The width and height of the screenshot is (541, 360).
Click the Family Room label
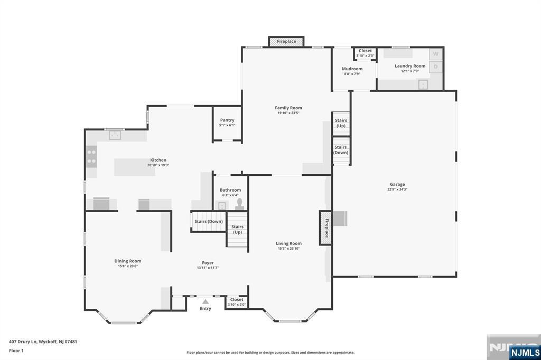coord(288,108)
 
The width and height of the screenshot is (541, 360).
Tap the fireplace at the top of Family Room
coord(286,41)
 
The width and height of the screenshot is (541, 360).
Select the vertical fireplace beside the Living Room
coord(325,228)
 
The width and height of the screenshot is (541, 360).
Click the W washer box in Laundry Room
coord(436,54)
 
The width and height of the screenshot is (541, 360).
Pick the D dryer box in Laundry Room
coord(436,67)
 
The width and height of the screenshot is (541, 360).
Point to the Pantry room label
coord(227,120)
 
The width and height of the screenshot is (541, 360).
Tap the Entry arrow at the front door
coord(205,301)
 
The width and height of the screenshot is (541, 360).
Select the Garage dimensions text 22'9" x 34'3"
coord(397,190)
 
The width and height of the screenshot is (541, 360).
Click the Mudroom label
coord(352,69)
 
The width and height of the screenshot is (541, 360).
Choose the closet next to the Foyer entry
coord(236,302)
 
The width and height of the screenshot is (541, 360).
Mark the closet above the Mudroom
coord(365,53)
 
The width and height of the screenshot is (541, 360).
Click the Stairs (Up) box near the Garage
coord(341,124)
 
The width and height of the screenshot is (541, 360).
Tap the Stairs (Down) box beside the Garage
coord(341,150)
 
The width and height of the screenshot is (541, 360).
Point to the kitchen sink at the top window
coord(115,136)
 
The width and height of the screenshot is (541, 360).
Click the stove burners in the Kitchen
coord(91,156)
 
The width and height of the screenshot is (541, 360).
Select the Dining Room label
coord(128,261)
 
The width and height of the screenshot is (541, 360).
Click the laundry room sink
coord(423,84)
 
